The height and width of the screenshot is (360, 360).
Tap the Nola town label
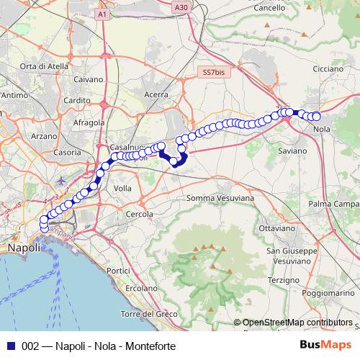[x=323, y=130]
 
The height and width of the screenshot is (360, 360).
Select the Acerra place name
[x=156, y=94]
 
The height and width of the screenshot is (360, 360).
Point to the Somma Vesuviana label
[x=220, y=197]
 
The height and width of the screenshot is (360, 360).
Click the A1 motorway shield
[x=102, y=14]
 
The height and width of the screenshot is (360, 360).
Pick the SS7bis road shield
[x=214, y=73]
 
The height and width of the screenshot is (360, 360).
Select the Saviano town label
[x=292, y=151]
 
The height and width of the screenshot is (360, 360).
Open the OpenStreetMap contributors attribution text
[x=292, y=323]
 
